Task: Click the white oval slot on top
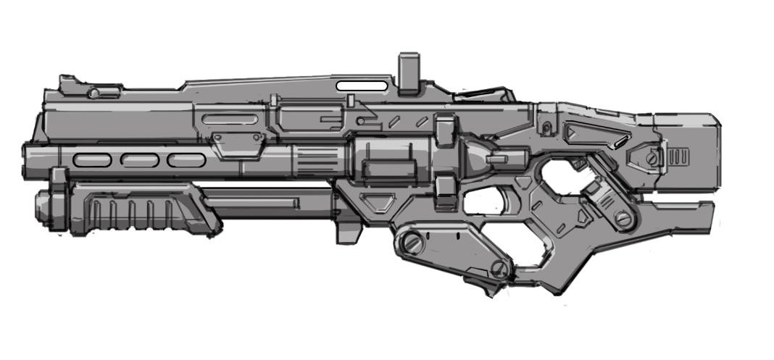coord(362,85)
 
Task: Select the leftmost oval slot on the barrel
coord(93,160)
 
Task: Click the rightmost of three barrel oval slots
coord(186,160)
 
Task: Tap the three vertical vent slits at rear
coord(678,157)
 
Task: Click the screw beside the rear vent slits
coord(654,156)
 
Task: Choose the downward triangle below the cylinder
coord(380,202)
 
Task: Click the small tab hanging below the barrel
coord(346,231)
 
